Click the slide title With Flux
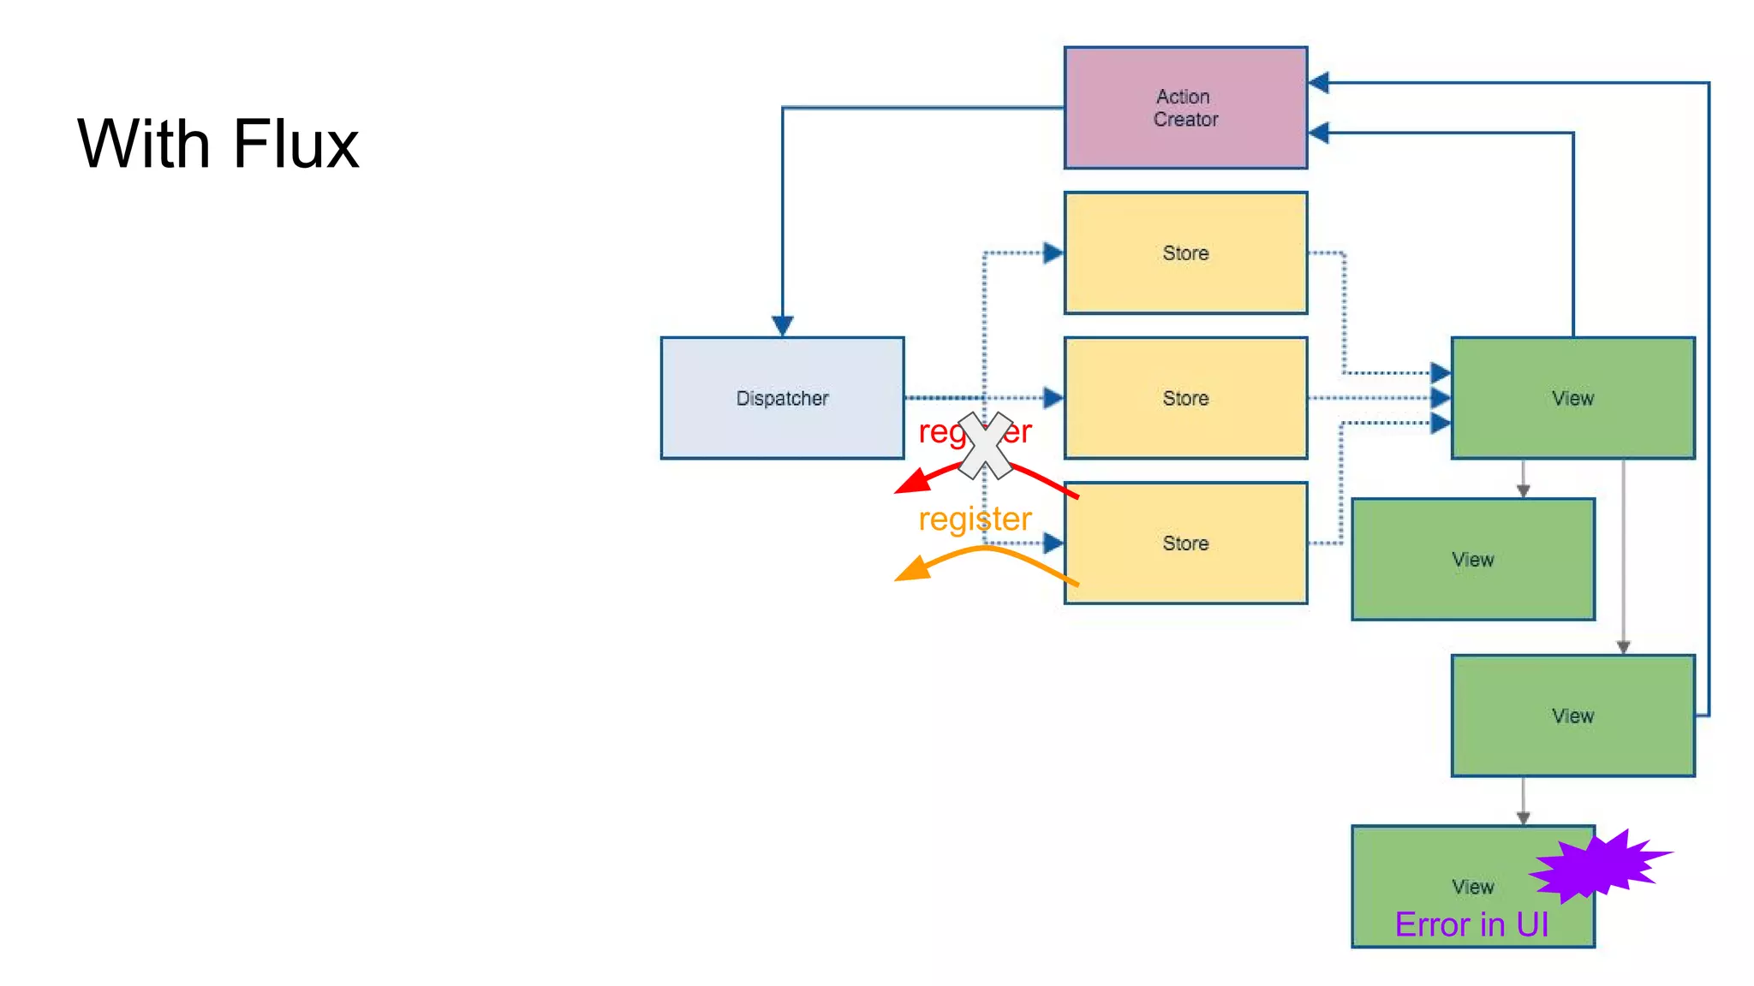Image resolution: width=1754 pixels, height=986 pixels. pyautogui.click(x=218, y=144)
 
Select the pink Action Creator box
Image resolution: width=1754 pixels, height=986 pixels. pyautogui.click(x=1184, y=108)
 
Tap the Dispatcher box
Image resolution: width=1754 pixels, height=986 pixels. pyautogui.click(x=781, y=398)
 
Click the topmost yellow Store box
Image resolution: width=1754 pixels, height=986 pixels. pyautogui.click(x=1184, y=252)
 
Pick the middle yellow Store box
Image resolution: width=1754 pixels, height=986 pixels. pyautogui.click(x=1184, y=398)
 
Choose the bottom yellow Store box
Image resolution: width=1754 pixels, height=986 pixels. pyautogui.click(x=1184, y=543)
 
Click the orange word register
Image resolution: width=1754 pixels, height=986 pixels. pyautogui.click(x=974, y=520)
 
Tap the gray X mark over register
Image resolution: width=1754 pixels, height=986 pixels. pyautogui.click(x=985, y=445)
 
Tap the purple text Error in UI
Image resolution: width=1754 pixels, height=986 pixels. pyautogui.click(x=1471, y=925)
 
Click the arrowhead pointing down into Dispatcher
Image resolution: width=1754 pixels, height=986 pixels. pyautogui.click(x=781, y=326)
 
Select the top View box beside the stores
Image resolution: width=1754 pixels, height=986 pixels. pyautogui.click(x=1572, y=398)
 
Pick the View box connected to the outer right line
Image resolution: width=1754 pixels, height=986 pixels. pyautogui.click(x=1572, y=716)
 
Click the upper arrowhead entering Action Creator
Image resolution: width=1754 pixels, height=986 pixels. pyautogui.click(x=1319, y=83)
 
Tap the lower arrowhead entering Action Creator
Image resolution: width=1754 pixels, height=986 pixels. pyautogui.click(x=1319, y=134)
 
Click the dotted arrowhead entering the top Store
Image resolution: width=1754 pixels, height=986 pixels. pyautogui.click(x=1053, y=252)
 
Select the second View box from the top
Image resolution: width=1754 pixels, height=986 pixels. pyautogui.click(x=1472, y=559)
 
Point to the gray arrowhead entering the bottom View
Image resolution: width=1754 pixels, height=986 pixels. pyautogui.click(x=1523, y=818)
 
